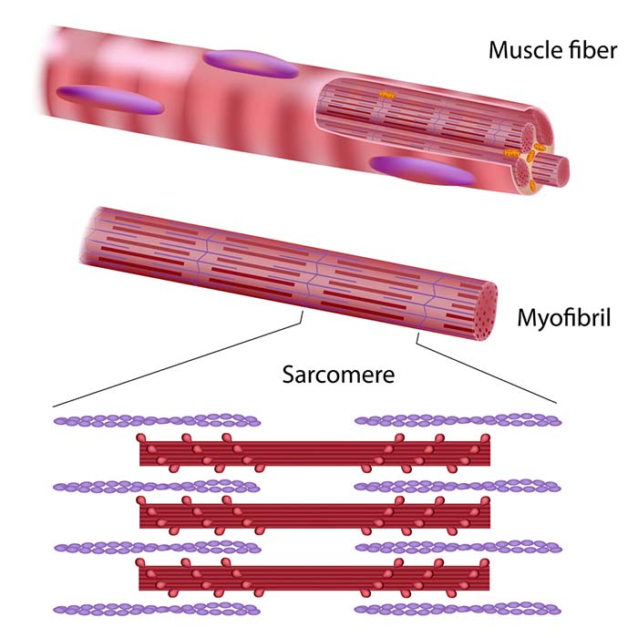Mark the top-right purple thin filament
pyautogui.click(x=457, y=421)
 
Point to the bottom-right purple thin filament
pyautogui.click(x=457, y=608)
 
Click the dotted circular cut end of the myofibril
pyautogui.click(x=483, y=307)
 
